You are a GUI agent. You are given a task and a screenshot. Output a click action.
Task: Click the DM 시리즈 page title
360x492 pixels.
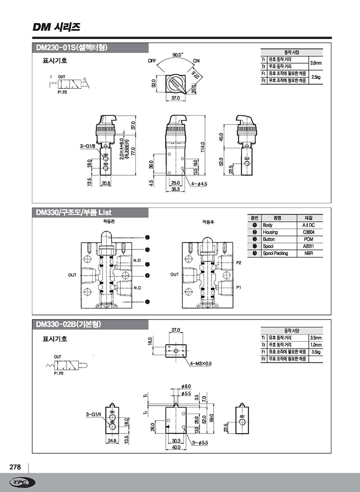56,27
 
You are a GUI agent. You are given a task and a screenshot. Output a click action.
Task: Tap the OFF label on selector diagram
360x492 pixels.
153,60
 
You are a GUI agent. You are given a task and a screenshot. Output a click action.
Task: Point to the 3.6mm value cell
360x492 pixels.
316,63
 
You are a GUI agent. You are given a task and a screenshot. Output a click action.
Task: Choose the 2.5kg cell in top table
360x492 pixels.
316,77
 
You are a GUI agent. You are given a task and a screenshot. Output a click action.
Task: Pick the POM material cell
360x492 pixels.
308,239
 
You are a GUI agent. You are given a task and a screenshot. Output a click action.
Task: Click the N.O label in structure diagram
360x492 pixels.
137,261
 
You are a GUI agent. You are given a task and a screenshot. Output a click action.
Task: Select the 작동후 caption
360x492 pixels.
207,222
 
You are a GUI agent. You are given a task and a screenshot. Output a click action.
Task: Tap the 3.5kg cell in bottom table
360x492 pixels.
316,352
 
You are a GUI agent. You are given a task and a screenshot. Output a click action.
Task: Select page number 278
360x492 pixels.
15,467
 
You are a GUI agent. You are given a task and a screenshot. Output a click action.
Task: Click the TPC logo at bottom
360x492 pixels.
22,482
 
